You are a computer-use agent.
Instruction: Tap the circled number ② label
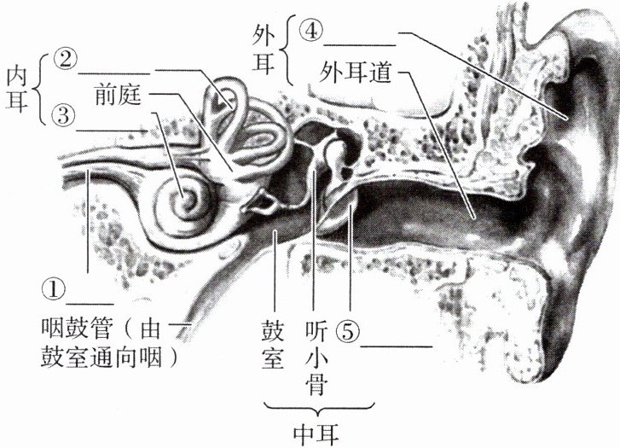pyautogui.click(x=65, y=59)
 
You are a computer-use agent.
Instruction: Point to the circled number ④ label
pyautogui.click(x=311, y=31)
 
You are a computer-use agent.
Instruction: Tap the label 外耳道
pyautogui.click(x=356, y=73)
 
